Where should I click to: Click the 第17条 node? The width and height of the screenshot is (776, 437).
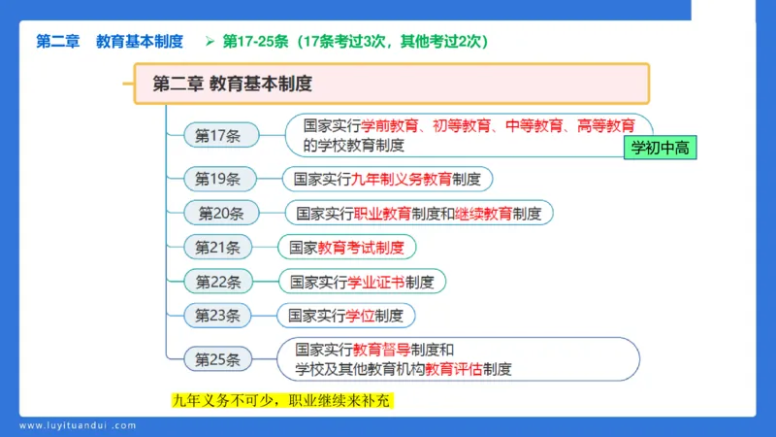(x=218, y=136)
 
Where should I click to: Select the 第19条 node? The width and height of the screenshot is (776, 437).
(x=218, y=179)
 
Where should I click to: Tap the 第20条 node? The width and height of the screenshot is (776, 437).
(x=220, y=213)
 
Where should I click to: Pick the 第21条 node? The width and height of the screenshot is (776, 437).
(x=218, y=247)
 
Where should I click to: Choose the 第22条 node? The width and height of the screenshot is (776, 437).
(x=218, y=282)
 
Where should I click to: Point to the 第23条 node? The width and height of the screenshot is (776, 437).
(x=218, y=315)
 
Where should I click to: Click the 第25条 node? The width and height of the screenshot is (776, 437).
(x=218, y=359)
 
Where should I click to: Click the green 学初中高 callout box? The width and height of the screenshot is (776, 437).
(x=660, y=148)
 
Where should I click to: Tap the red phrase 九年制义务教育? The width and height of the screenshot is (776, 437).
(x=407, y=179)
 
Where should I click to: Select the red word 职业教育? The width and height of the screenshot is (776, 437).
(x=382, y=213)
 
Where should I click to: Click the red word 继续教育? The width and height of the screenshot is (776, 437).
(x=483, y=213)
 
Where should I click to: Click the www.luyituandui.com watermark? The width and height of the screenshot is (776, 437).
(x=78, y=425)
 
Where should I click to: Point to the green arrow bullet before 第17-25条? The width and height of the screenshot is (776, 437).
(x=209, y=41)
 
